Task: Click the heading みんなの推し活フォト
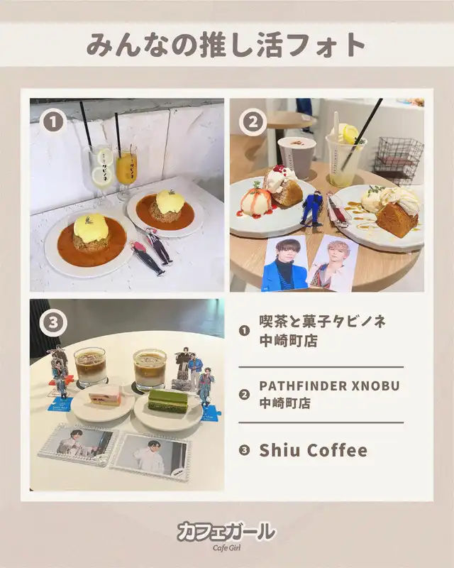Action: point(226,45)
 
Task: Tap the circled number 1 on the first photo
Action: point(54,121)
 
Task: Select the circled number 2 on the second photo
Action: point(253,121)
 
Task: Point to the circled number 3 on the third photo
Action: point(54,322)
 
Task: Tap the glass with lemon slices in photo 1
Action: point(100,174)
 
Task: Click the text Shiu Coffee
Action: point(313,450)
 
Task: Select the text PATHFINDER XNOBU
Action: point(329,386)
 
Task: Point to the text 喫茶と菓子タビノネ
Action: point(323,322)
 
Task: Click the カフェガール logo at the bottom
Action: point(226,532)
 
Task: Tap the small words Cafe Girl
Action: point(226,547)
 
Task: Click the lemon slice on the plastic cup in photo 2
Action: point(350,132)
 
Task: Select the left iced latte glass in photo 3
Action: point(90,366)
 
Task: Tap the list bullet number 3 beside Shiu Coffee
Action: point(245,450)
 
